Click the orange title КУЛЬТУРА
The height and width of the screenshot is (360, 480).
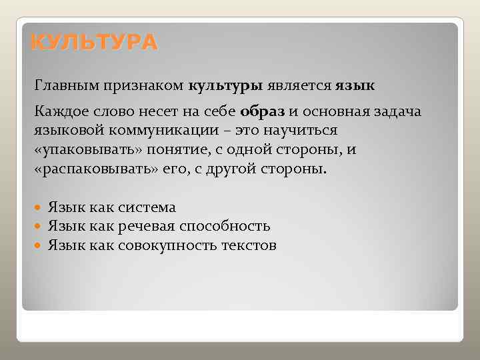94,43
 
